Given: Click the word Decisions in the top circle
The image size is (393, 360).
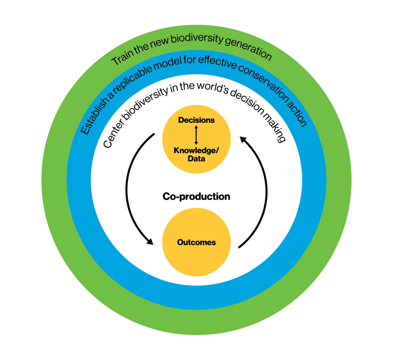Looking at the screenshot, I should point(196,120).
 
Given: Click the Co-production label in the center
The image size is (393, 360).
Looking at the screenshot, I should point(196,197).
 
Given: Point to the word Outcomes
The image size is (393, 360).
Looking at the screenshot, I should point(196,242).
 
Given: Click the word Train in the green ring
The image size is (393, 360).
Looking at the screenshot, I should point(122,58).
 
